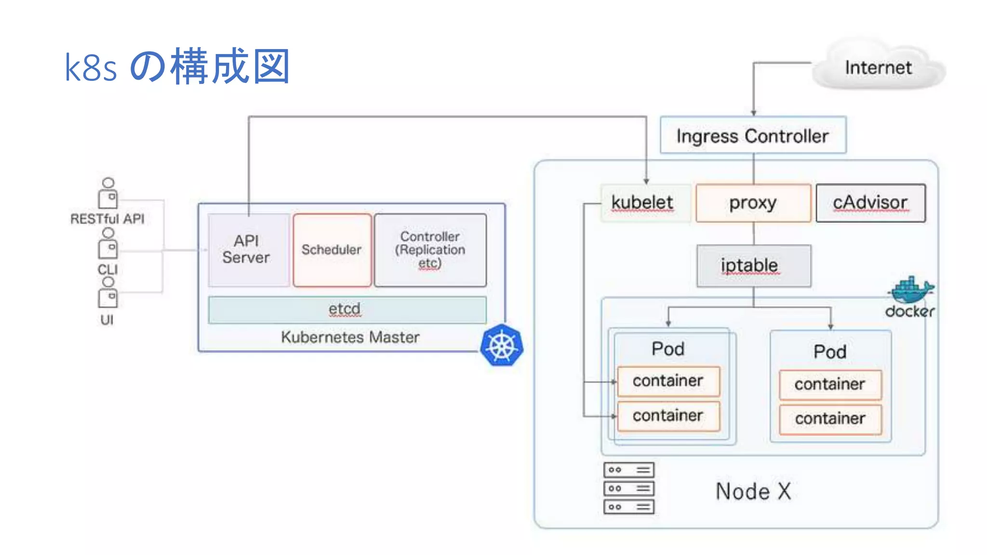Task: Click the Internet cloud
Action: click(878, 67)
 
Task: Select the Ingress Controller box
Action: click(752, 136)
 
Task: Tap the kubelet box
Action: click(642, 203)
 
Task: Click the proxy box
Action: click(753, 203)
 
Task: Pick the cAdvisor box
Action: click(870, 203)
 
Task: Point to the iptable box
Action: click(754, 266)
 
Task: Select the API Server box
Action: click(247, 250)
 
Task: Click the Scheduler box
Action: click(332, 250)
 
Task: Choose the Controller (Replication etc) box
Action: click(430, 250)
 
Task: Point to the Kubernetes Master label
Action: click(350, 337)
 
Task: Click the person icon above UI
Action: click(108, 293)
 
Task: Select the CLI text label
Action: click(107, 269)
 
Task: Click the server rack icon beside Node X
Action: click(628, 488)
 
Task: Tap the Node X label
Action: click(753, 491)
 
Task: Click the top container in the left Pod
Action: click(668, 381)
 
